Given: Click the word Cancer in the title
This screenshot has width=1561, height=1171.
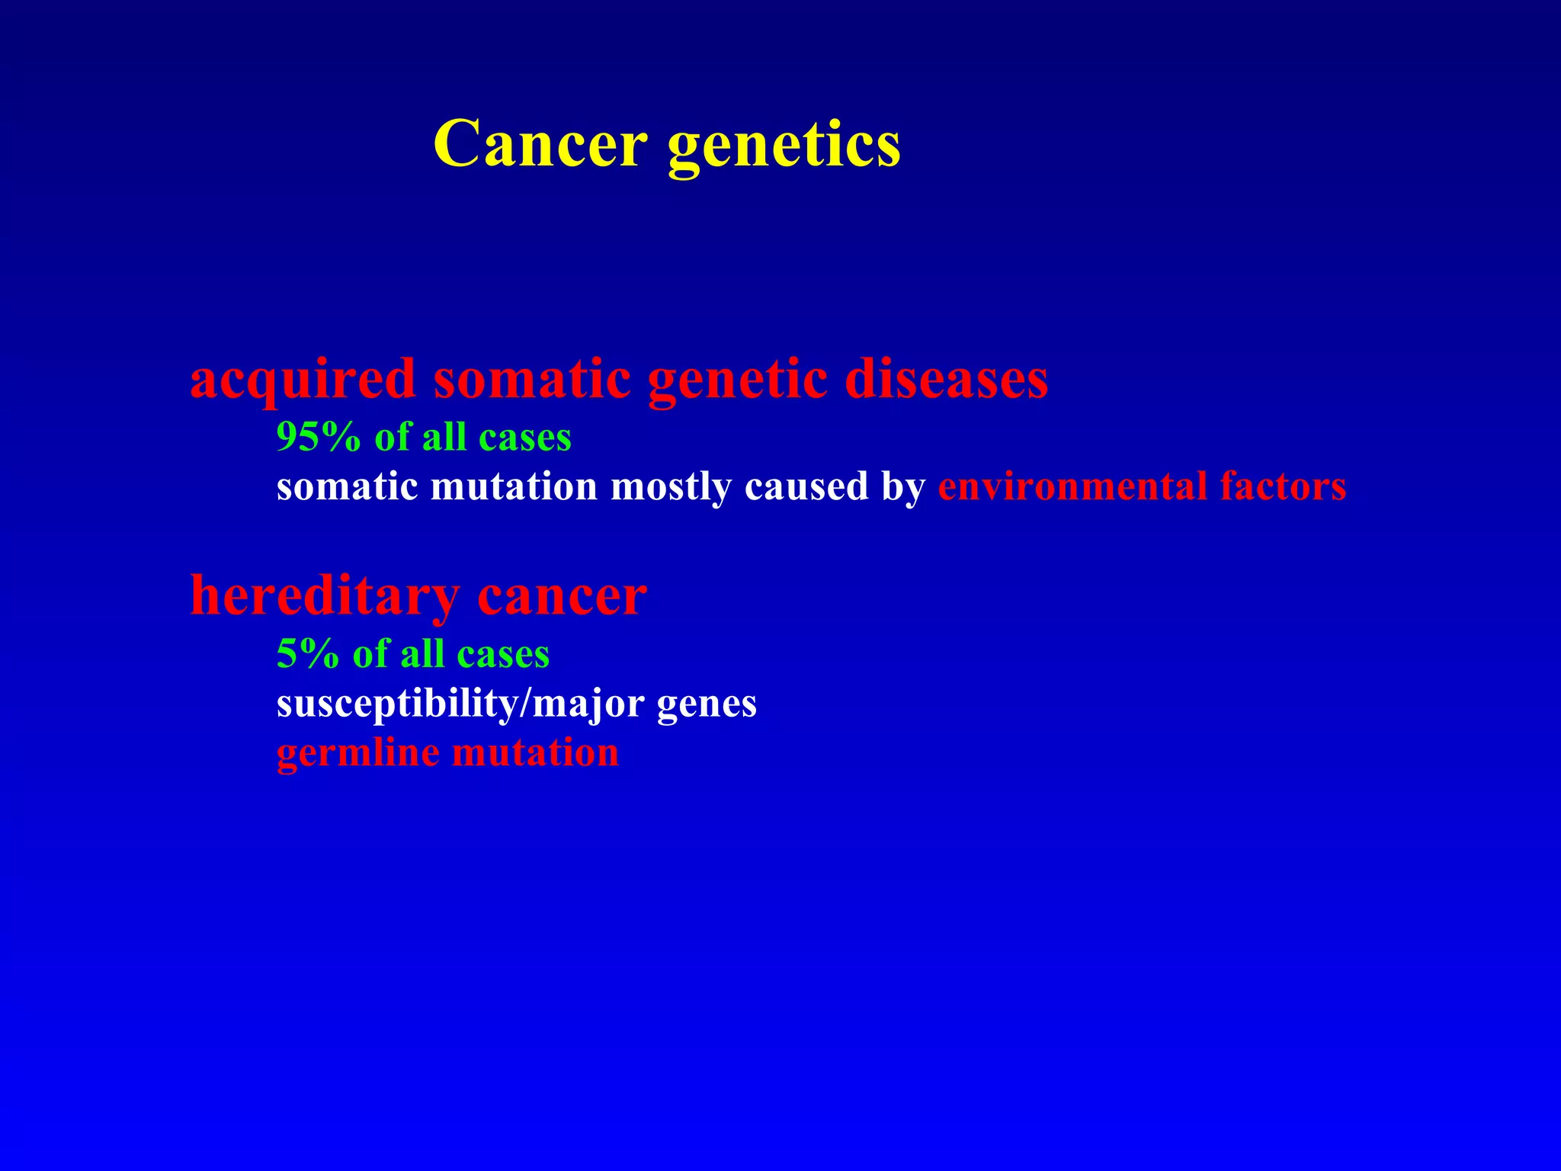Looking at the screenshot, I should [540, 144].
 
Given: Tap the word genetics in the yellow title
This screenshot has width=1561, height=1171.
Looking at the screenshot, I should [784, 146].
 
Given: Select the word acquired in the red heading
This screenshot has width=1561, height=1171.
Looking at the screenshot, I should [303, 380].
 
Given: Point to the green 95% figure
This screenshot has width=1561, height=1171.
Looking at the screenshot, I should [318, 438].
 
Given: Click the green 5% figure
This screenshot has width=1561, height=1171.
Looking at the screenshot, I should [307, 654].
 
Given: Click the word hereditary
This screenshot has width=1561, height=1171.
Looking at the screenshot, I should [325, 595].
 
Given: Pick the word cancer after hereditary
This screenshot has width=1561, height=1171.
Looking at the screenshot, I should [562, 597].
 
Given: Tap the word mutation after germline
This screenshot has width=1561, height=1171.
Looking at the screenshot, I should [535, 753].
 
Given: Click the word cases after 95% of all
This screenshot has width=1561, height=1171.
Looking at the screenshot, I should [525, 438].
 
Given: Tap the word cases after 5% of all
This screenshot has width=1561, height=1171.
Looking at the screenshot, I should [503, 654].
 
